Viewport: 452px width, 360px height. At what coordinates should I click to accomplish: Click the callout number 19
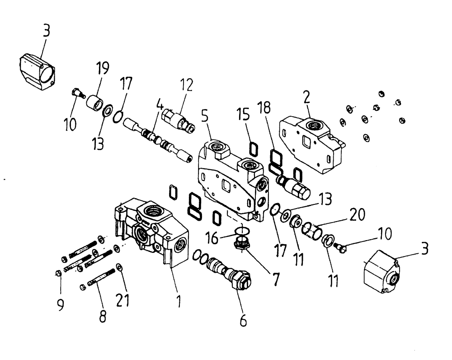tap(103, 69)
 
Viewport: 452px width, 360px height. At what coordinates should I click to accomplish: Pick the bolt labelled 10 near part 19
tap(78, 94)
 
